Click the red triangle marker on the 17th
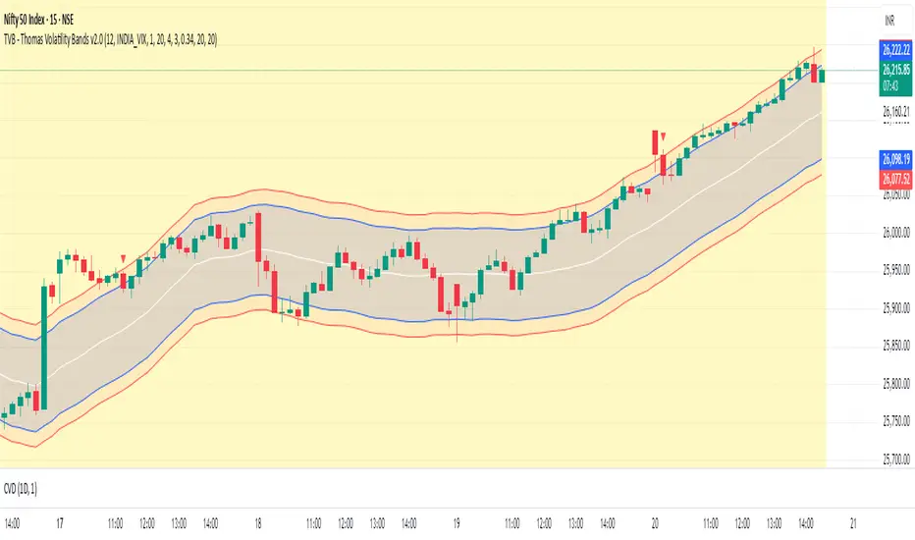click(x=124, y=257)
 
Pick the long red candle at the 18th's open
click(x=258, y=236)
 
